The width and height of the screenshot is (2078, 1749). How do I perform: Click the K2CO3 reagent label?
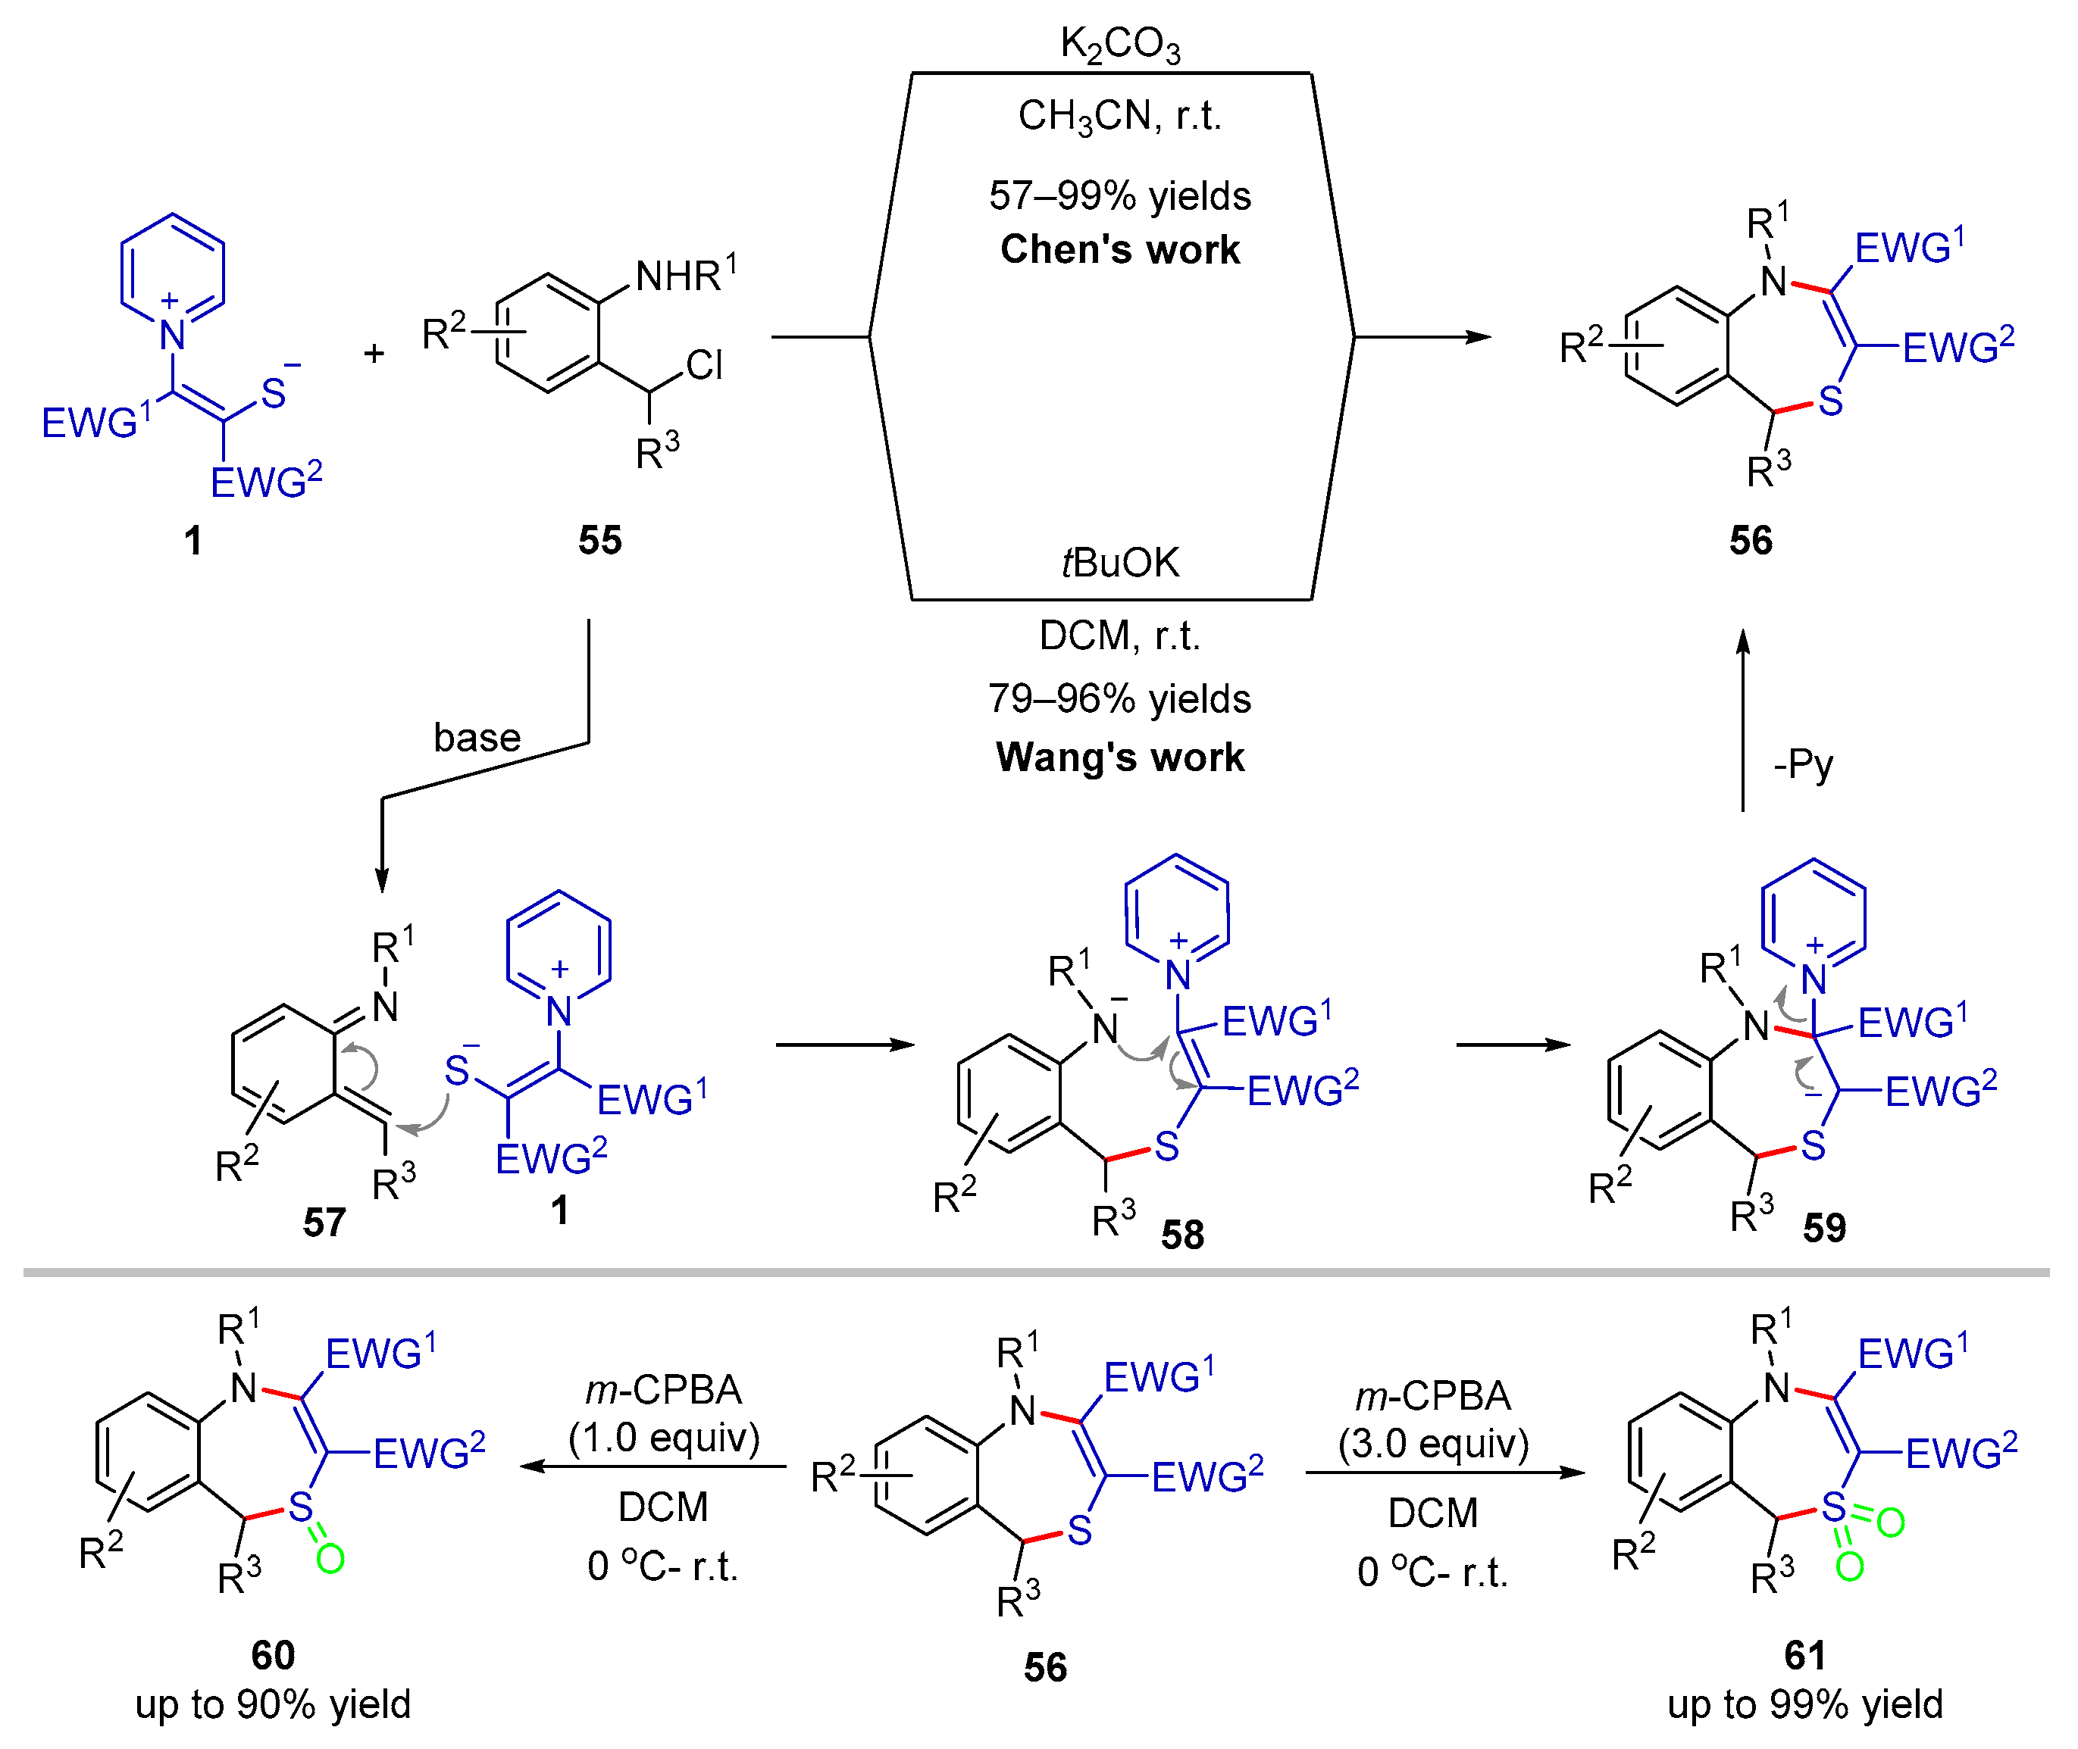[x=1120, y=45]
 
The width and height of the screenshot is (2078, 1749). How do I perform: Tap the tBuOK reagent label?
[x=1120, y=562]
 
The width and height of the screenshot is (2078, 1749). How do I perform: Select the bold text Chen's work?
[x=1120, y=249]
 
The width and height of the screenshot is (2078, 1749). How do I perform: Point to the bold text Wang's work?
[x=1120, y=757]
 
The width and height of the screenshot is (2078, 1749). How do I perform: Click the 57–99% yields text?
[x=1120, y=195]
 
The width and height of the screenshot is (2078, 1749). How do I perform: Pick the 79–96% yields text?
[x=1120, y=699]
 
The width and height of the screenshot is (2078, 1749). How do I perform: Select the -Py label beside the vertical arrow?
[x=1803, y=764]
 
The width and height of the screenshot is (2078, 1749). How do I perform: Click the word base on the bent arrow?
[x=477, y=738]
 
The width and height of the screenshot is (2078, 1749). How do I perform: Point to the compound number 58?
[x=1182, y=1235]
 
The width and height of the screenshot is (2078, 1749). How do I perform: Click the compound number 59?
[x=1824, y=1227]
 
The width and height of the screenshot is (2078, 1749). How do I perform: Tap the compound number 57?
[x=324, y=1222]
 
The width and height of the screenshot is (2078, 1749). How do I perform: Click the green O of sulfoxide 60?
[x=330, y=1559]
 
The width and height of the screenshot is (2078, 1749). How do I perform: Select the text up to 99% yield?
[x=1804, y=1704]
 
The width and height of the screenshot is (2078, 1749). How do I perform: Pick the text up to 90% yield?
[x=273, y=1704]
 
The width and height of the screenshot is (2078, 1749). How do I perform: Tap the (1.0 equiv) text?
[x=664, y=1437]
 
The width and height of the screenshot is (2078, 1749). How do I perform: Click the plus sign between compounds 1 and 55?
[x=374, y=352]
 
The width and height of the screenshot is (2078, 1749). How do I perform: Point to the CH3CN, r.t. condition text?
[x=1120, y=116]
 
